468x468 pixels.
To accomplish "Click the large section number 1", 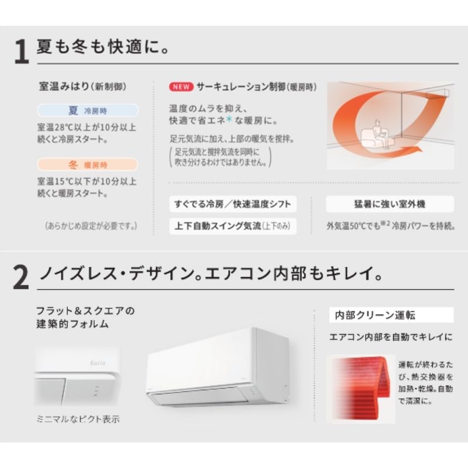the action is click(22, 51).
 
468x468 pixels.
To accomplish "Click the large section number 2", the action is click(21, 277).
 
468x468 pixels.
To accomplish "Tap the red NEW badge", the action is click(181, 87).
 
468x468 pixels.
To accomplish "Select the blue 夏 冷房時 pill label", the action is click(88, 111).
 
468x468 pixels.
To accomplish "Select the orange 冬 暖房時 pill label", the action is click(88, 164).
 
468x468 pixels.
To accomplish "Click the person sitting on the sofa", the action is click(380, 135).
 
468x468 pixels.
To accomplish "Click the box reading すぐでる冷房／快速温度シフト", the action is click(233, 204).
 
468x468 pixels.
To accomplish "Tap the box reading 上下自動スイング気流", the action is click(233, 226).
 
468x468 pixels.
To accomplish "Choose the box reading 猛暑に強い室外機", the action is click(390, 204).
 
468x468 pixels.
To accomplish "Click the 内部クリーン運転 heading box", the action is click(391, 315).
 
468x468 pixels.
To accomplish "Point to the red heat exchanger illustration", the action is click(361, 388).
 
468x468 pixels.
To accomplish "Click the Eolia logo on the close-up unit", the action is click(98, 363).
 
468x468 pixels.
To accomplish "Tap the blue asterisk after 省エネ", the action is click(229, 119).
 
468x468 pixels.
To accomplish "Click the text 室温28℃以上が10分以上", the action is click(87, 128).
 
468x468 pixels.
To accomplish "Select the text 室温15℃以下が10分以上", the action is click(87, 181).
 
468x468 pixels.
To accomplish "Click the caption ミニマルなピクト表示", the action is click(78, 419).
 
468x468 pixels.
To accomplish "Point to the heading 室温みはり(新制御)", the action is click(82, 87).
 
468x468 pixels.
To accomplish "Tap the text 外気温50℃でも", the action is click(353, 226).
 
